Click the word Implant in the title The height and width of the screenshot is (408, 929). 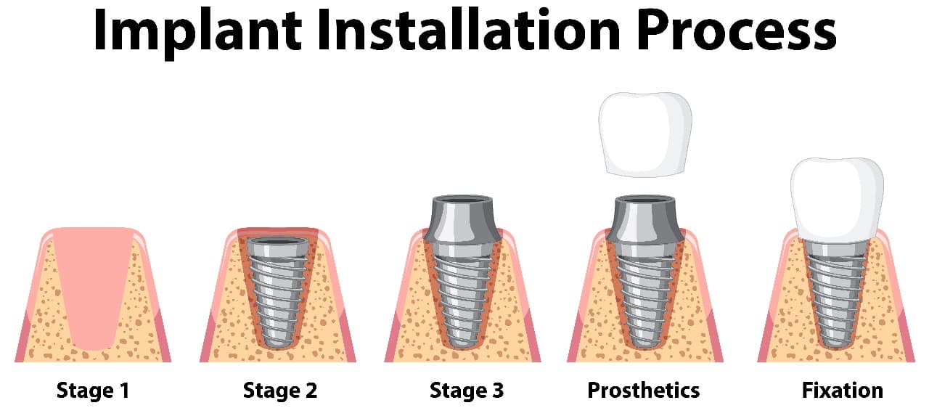pos(197,33)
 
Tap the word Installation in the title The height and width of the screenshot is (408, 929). pos(469,30)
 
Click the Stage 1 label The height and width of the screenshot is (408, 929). pos(93,390)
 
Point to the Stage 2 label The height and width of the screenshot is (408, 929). pos(280,390)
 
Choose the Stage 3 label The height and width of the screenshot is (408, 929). pos(467,390)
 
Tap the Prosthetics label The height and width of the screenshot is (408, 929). pos(643,390)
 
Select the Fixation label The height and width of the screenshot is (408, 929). pos(843,390)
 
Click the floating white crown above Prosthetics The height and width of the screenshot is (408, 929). pos(645,135)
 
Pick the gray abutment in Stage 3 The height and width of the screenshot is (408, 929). pos(462,219)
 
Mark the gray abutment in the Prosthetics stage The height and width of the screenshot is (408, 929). pos(645,219)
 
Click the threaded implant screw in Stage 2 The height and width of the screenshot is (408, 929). pos(277,293)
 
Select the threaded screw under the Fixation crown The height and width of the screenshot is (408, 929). pos(836,295)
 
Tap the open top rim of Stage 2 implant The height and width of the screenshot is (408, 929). pos(277,242)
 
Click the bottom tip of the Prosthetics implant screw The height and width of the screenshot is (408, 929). pos(645,346)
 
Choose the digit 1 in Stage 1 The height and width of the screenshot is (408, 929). pos(124,390)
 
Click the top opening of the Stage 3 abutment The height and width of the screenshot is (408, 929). pos(462,200)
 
